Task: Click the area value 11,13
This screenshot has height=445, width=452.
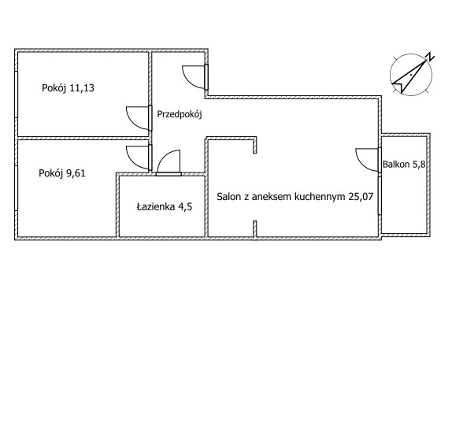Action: (x=82, y=88)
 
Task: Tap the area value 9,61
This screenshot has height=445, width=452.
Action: (x=76, y=173)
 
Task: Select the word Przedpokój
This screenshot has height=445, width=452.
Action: (x=180, y=114)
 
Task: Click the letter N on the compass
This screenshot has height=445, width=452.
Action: (x=430, y=57)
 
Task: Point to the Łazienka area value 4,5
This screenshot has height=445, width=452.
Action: (x=185, y=207)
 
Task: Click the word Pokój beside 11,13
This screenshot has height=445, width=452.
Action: (x=54, y=88)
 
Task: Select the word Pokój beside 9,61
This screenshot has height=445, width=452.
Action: (x=51, y=173)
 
